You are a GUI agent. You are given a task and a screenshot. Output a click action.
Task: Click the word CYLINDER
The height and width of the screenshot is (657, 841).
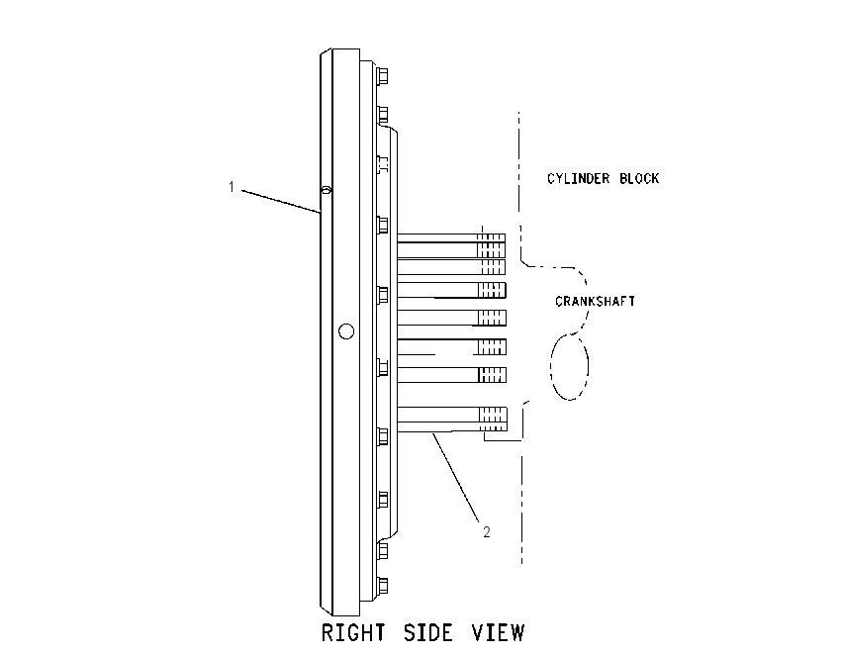578,178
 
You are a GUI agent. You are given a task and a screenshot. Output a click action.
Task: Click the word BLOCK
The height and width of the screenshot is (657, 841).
639,178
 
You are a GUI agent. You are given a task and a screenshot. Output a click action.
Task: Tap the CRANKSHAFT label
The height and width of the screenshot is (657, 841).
595,302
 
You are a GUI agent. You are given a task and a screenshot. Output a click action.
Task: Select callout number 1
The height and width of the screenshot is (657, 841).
232,187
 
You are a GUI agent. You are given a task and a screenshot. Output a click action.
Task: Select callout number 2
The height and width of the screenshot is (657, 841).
487,532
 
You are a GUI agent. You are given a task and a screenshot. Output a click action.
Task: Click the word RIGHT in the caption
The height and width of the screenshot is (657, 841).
353,633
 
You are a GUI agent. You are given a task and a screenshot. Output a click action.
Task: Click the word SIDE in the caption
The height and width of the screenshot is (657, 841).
428,633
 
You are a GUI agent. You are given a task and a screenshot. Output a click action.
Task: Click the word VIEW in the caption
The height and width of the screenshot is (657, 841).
498,633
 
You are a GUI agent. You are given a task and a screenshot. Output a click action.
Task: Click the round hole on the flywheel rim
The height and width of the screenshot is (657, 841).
346,331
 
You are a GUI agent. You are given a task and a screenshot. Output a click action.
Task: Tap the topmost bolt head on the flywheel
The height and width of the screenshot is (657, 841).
383,75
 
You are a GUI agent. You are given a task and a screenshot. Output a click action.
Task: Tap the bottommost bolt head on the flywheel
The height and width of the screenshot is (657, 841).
383,586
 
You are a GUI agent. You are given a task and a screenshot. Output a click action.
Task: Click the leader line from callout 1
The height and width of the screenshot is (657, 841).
281,201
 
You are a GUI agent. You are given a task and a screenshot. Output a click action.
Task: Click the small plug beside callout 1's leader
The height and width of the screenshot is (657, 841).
327,190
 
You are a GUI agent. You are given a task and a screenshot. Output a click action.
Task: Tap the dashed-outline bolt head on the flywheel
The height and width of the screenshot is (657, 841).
383,164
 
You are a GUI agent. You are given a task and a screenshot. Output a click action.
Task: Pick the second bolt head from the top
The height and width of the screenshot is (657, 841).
383,114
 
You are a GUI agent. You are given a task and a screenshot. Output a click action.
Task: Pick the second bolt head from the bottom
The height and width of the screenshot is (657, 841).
383,550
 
